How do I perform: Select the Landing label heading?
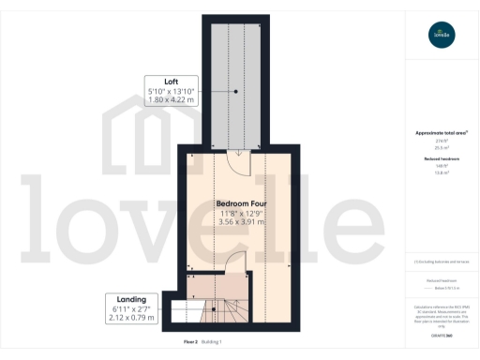click(131, 299)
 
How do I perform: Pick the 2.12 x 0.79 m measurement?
click(131, 318)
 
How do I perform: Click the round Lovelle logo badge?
click(441, 36)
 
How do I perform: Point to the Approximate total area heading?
click(441, 133)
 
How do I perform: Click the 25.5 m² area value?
click(441, 148)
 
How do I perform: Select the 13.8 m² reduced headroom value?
click(441, 173)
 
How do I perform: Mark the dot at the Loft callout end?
click(236, 90)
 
